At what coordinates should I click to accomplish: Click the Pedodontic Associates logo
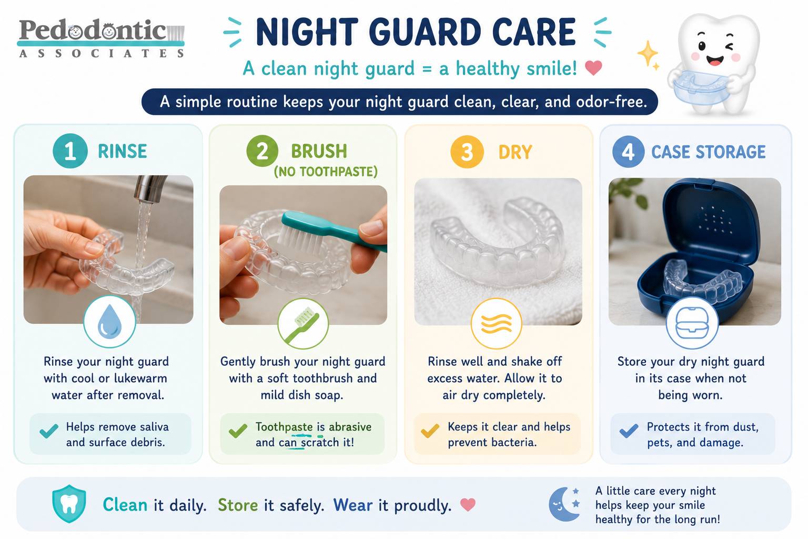click(x=102, y=38)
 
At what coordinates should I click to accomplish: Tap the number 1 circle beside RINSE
click(x=70, y=151)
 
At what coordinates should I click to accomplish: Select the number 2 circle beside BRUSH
click(x=262, y=151)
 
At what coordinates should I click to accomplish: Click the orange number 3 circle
click(x=467, y=152)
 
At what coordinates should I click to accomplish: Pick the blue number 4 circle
click(x=628, y=152)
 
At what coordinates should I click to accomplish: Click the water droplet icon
click(x=109, y=322)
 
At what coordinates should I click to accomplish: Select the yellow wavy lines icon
click(x=497, y=324)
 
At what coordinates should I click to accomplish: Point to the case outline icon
click(x=692, y=323)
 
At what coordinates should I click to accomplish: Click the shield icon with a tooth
click(x=69, y=504)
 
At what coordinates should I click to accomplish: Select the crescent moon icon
click(x=560, y=504)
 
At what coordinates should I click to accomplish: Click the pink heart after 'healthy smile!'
click(x=593, y=67)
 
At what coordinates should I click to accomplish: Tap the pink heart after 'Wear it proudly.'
click(x=468, y=504)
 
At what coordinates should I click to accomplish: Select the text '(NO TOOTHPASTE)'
click(x=326, y=172)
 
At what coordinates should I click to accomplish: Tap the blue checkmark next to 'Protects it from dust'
click(x=629, y=431)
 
